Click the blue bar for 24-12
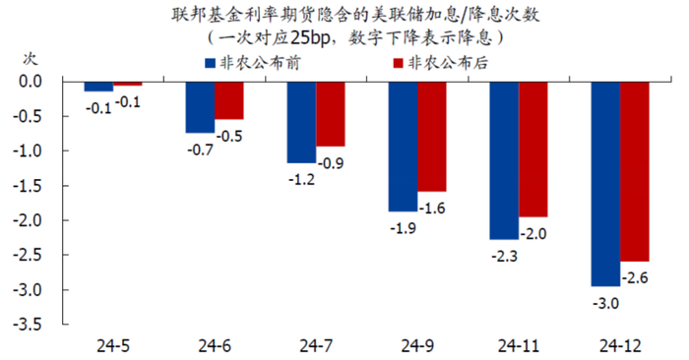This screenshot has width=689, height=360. click(605, 184)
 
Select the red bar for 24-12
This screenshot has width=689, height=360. click(635, 172)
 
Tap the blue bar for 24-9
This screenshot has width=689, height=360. click(403, 147)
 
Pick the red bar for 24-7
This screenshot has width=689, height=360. click(331, 114)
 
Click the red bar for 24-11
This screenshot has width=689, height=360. click(533, 150)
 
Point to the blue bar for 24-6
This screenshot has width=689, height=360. click(200, 107)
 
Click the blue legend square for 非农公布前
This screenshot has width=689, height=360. click(210, 63)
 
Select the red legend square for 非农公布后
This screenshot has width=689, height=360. click(398, 63)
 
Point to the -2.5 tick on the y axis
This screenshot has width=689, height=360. click(63, 255)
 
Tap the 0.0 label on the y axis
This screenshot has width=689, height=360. click(31, 82)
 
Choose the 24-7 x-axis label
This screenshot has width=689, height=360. click(316, 346)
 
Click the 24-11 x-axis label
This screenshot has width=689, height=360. click(519, 346)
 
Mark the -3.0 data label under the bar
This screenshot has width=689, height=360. click(605, 303)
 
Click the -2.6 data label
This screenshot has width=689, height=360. click(635, 278)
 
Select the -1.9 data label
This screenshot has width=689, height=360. click(403, 228)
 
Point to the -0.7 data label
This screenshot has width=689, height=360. click(201, 150)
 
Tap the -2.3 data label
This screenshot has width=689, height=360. click(504, 256)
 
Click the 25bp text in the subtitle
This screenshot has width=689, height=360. click(310, 38)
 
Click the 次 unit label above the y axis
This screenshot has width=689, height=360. click(31, 58)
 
